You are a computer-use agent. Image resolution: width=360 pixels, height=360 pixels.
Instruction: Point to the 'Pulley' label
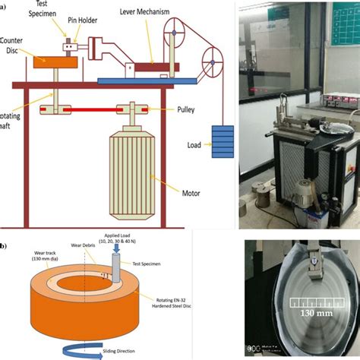[x=185, y=109]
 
